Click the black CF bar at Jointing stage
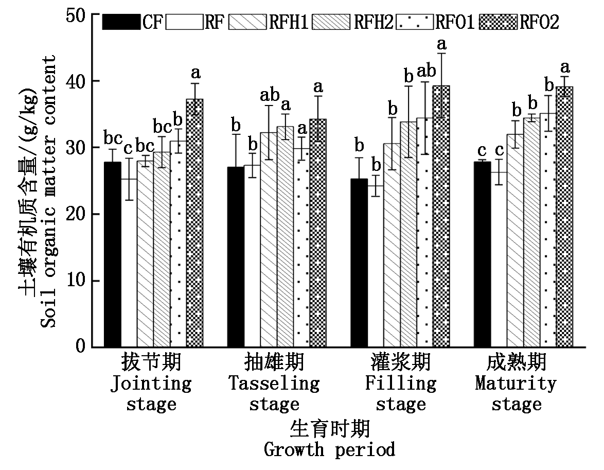point(113,254)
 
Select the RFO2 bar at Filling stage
point(441,216)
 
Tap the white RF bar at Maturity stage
point(499,259)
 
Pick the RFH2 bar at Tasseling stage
point(285,237)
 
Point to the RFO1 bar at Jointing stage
point(179,244)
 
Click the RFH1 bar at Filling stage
point(392,245)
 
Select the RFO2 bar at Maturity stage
point(564,217)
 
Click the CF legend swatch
point(121,22)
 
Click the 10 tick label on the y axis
point(76,280)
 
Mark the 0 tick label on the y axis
point(80,346)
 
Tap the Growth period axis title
point(330,449)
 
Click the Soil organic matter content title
point(48,192)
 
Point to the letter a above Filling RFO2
point(441,44)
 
